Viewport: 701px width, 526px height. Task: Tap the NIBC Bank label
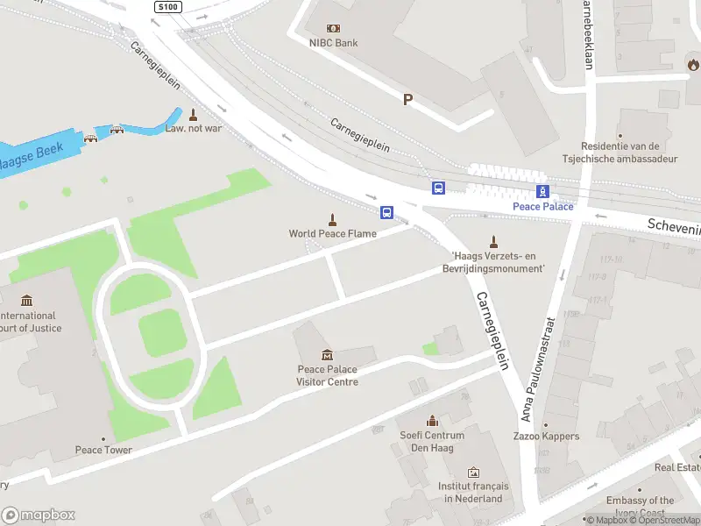pyautogui.click(x=333, y=42)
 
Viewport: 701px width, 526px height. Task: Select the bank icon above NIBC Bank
pyautogui.click(x=333, y=28)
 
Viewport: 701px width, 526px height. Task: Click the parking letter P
pyautogui.click(x=407, y=100)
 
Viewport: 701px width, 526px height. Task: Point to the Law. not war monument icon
pyautogui.click(x=193, y=115)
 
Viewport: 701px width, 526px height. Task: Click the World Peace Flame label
pyautogui.click(x=333, y=233)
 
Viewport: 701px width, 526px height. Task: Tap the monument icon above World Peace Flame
pyautogui.click(x=333, y=218)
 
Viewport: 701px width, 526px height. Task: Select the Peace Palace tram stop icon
pyautogui.click(x=543, y=192)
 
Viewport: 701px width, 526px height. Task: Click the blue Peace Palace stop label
pyautogui.click(x=543, y=206)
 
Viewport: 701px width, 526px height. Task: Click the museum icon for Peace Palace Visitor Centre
pyautogui.click(x=327, y=354)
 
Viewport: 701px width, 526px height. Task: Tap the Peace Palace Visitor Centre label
pyautogui.click(x=327, y=375)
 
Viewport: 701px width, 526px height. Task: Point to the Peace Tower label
pyautogui.click(x=103, y=450)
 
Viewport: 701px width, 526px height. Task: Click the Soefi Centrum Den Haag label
pyautogui.click(x=432, y=442)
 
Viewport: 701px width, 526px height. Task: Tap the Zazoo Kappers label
pyautogui.click(x=546, y=436)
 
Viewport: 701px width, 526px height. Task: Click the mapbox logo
pyautogui.click(x=39, y=515)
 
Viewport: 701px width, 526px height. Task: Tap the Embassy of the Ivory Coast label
pyautogui.click(x=641, y=506)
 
